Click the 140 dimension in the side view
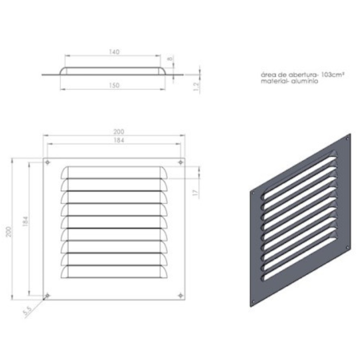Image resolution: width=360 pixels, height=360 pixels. pyautogui.click(x=114, y=52)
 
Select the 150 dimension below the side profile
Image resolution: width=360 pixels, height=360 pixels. pyautogui.click(x=114, y=85)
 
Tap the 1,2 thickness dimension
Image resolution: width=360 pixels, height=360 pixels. pyautogui.click(x=196, y=86)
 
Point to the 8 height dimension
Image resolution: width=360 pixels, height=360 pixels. pyautogui.click(x=170, y=59)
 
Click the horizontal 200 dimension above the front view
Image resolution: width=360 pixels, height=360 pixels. pyautogui.click(x=119, y=132)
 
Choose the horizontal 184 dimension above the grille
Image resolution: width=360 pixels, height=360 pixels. pyautogui.click(x=119, y=140)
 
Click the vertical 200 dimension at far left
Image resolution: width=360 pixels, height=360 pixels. pyautogui.click(x=9, y=231)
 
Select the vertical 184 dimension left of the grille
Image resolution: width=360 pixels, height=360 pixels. pyautogui.click(x=25, y=221)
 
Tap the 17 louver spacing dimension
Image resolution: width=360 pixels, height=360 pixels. pyautogui.click(x=195, y=192)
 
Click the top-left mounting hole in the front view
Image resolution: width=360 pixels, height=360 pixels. pyautogui.click(x=48, y=162)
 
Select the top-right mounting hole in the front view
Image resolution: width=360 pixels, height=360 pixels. pyautogui.click(x=181, y=162)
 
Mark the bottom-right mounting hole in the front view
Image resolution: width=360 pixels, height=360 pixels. pyautogui.click(x=181, y=296)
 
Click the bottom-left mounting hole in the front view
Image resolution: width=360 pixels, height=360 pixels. pyautogui.click(x=48, y=296)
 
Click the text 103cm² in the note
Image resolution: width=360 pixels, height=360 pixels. pyautogui.click(x=333, y=75)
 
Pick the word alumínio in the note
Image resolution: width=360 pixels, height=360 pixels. pyautogui.click(x=305, y=81)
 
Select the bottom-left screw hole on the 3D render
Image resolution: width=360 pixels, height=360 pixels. pyautogui.click(x=253, y=302)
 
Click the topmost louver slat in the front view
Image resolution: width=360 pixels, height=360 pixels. pyautogui.click(x=114, y=172)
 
